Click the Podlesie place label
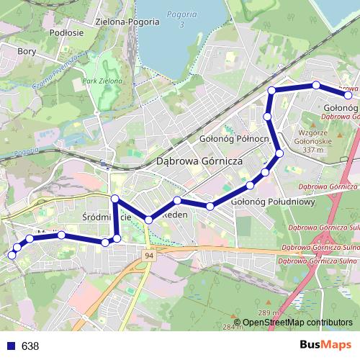pyautogui.click(x=68, y=32)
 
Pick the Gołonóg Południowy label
pyautogui.click(x=274, y=202)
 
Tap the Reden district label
pyautogui.click(x=177, y=215)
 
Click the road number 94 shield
pyautogui.click(x=148, y=256)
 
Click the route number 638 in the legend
pyautogui.click(x=30, y=346)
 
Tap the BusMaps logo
pyautogui.click(x=325, y=345)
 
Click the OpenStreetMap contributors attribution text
pyautogui.click(x=297, y=323)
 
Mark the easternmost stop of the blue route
pyautogui.click(x=348, y=95)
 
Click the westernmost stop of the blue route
pyautogui.click(x=11, y=255)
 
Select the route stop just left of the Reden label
pyautogui.click(x=148, y=219)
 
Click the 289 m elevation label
pyautogui.click(x=269, y=312)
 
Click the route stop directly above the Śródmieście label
pyautogui.click(x=114, y=198)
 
